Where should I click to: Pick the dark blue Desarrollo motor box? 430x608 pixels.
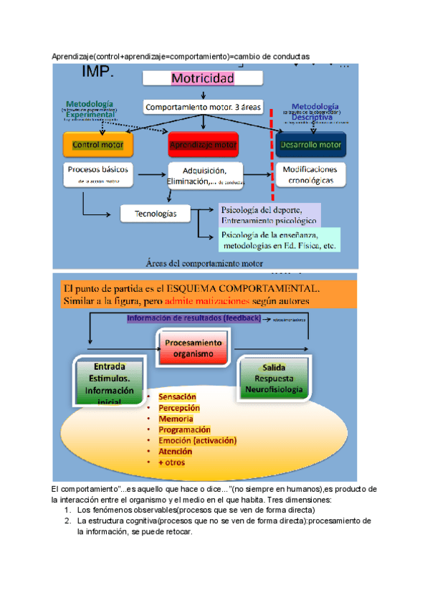tap(310, 144)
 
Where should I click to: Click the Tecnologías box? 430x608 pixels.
tap(156, 213)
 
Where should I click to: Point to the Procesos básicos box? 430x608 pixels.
tap(98, 175)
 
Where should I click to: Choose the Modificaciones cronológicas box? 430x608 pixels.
tap(310, 175)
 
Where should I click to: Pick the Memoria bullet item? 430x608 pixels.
tap(176, 419)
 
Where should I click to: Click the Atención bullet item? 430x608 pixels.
tap(175, 452)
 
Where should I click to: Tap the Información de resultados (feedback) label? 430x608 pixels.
tap(193, 318)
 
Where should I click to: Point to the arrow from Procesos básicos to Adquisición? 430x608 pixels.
tap(150, 174)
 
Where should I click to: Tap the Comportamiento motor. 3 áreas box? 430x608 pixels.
tap(204, 107)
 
